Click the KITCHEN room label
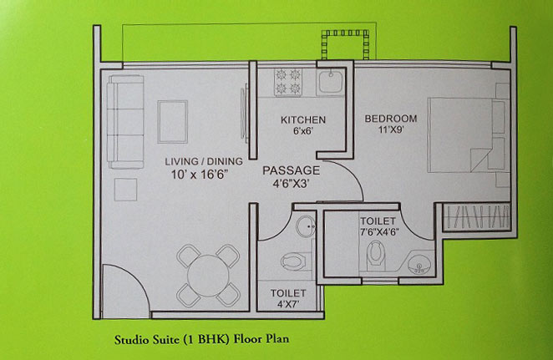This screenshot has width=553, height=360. (303, 120)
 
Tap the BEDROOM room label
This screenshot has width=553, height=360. (391, 119)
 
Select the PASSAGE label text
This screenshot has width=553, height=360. (292, 170)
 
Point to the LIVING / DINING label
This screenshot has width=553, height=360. (204, 161)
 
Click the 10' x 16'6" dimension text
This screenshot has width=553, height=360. (200, 175)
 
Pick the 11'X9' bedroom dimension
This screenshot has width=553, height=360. (391, 130)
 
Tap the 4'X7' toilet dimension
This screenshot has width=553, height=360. (288, 304)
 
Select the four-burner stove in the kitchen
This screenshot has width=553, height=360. (288, 82)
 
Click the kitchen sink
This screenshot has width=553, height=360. (330, 82)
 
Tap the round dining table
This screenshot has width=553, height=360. (208, 276)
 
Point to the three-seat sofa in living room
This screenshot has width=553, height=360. (126, 122)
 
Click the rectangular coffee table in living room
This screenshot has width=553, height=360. (172, 122)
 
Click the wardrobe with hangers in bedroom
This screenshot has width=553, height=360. (477, 217)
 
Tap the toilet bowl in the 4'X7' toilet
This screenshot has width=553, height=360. (293, 261)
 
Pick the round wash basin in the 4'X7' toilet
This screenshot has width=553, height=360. (306, 226)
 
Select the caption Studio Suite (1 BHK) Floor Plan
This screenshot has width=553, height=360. (201, 339)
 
